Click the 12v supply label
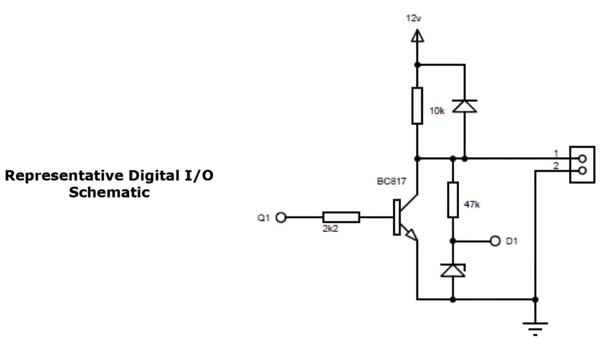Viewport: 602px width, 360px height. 413,18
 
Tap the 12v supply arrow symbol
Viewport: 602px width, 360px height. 417,36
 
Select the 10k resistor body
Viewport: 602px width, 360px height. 417,106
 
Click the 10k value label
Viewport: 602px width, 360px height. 437,111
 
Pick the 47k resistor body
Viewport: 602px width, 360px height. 453,200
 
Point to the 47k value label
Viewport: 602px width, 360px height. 472,204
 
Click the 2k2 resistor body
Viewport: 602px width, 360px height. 341,217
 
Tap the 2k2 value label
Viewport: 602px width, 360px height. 330,228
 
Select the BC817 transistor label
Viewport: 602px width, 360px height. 391,181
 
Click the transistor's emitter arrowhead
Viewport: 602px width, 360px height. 412,235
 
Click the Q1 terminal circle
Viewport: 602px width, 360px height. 281,217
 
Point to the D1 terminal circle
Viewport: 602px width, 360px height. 495,241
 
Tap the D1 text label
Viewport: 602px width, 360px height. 511,241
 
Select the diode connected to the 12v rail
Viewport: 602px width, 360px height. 465,106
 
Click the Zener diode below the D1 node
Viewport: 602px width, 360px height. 453,270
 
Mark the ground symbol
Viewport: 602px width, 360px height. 535,329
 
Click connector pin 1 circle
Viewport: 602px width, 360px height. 582,159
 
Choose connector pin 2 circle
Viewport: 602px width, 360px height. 582,171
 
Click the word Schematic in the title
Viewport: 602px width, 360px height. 109,192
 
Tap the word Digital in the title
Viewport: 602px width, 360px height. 154,176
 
